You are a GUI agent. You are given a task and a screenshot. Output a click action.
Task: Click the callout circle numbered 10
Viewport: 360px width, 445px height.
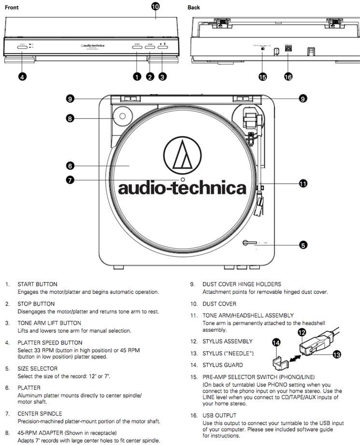pos(156,6)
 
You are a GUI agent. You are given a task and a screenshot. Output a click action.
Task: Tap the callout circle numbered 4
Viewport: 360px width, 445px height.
pos(22,76)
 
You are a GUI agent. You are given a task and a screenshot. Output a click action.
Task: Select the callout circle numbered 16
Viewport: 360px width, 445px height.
pos(288,77)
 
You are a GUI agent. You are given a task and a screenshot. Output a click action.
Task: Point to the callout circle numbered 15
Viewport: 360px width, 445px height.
pos(263,77)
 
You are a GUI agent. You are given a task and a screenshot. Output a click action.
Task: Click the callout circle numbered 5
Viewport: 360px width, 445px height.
pos(303,245)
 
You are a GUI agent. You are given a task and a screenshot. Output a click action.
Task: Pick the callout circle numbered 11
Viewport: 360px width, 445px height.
pos(303,183)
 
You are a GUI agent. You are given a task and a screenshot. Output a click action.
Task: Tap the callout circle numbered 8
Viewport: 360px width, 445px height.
pos(70,118)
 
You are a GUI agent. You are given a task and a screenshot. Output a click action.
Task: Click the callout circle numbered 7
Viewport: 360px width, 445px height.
pos(70,179)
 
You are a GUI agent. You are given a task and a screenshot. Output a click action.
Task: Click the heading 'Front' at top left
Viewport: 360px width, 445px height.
pos(12,8)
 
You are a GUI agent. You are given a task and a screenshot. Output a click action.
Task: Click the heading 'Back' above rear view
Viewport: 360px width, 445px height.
pos(194,8)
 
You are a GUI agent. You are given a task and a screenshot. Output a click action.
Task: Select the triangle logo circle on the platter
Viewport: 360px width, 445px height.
pos(183,154)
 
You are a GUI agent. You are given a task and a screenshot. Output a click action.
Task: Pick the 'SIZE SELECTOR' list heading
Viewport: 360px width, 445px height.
pos(37,368)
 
